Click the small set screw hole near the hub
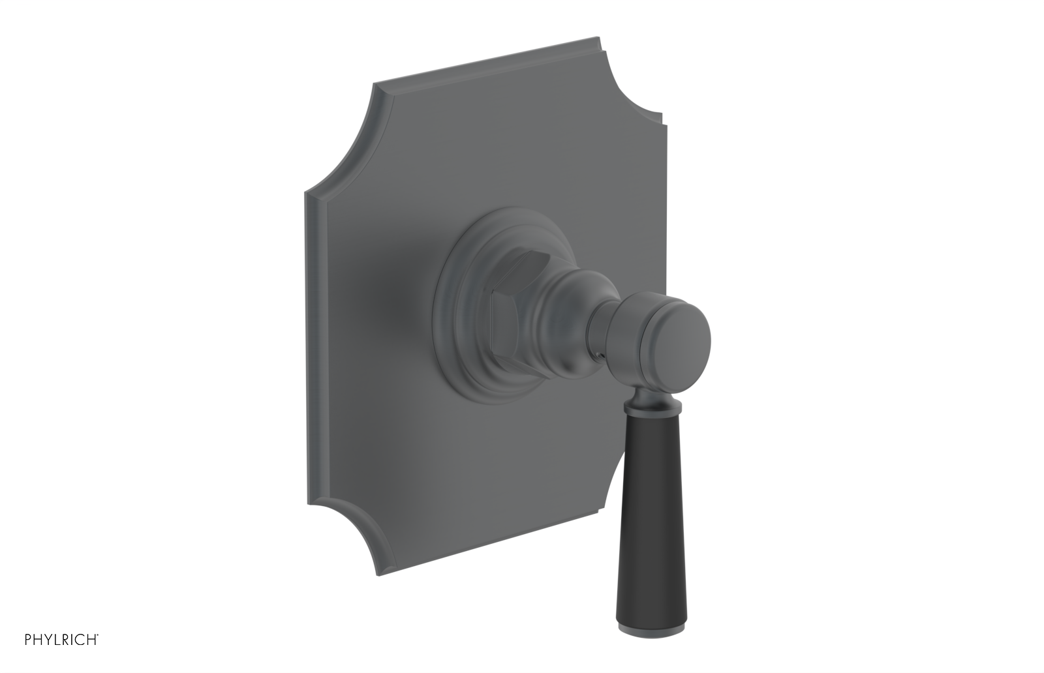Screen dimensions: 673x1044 tap(596, 356)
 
